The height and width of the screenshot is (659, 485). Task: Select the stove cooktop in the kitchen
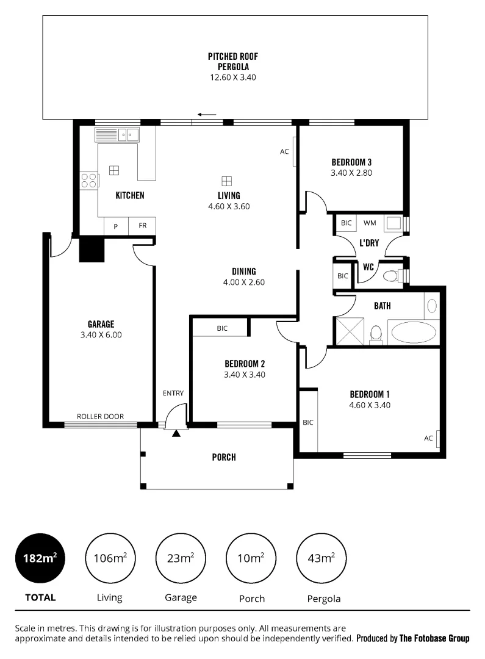click(x=89, y=180)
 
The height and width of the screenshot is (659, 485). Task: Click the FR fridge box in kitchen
click(x=142, y=226)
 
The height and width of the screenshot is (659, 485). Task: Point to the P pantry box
click(x=115, y=226)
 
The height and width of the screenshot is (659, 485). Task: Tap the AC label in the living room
click(x=284, y=152)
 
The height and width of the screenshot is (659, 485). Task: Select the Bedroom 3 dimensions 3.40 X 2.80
click(x=351, y=173)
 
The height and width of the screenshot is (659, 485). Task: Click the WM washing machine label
click(x=370, y=223)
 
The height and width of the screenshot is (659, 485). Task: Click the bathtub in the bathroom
click(x=414, y=333)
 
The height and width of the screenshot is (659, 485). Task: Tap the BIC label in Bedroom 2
click(x=222, y=328)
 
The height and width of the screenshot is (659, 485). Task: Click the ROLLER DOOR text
click(x=100, y=417)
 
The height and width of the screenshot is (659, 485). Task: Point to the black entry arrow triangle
click(x=176, y=433)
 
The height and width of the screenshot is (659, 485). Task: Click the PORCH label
click(x=224, y=457)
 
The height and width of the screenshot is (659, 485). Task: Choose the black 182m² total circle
click(x=40, y=558)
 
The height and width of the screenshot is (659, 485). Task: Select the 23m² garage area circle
click(x=181, y=558)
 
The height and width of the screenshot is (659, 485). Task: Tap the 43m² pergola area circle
click(x=321, y=558)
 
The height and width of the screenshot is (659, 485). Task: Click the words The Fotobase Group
click(x=434, y=639)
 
